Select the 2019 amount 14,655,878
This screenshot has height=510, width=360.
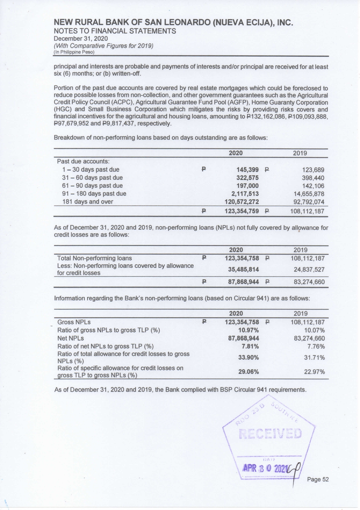[309, 194]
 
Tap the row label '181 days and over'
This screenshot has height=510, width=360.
[88, 202]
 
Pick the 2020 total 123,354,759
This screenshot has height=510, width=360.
[242, 211]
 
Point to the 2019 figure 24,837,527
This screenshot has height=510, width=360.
[309, 269]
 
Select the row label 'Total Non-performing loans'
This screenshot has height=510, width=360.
[94, 258]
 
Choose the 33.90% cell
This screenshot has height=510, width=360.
[249, 357]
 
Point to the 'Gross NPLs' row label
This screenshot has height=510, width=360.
[74, 322]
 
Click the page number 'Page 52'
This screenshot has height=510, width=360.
[318, 479]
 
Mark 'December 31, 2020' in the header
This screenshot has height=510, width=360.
[81, 39]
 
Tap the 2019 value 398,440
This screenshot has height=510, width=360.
[313, 178]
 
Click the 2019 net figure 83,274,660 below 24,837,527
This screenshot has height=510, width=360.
[309, 282]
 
